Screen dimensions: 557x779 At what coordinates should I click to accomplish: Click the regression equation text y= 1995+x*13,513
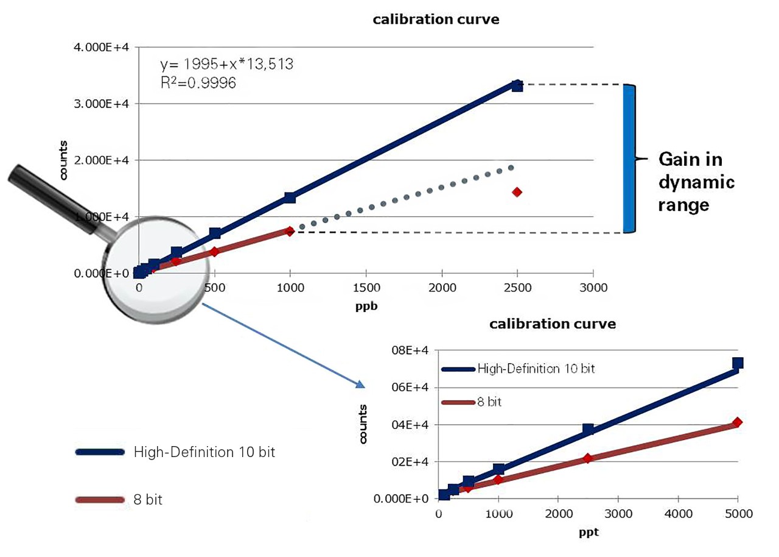pyautogui.click(x=226, y=64)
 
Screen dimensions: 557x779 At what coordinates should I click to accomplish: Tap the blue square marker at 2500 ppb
pyautogui.click(x=517, y=85)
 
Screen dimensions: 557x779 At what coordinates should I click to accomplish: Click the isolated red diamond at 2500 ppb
pyautogui.click(x=517, y=192)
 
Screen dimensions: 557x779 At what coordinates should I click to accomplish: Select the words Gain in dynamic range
pyautogui.click(x=697, y=182)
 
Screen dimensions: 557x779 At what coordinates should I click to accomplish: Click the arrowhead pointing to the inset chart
pyautogui.click(x=360, y=384)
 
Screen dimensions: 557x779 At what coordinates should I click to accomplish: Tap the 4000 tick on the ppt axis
pyautogui.click(x=678, y=514)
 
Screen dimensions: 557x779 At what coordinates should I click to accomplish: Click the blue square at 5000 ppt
pyautogui.click(x=738, y=363)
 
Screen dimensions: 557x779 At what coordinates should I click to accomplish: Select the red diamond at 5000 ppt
pyautogui.click(x=738, y=422)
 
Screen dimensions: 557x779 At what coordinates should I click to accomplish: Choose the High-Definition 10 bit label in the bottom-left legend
pyautogui.click(x=200, y=453)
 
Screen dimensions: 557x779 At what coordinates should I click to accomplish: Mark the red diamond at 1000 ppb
pyautogui.click(x=290, y=231)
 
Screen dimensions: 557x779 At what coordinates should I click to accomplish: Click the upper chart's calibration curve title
pyautogui.click(x=436, y=20)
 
